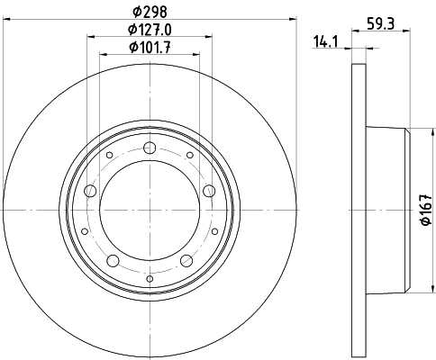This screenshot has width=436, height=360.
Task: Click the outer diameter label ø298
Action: tap(150, 12)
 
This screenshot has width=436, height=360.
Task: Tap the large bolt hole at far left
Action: tap(89, 191)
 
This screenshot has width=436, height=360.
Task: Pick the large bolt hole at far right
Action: tap(209, 190)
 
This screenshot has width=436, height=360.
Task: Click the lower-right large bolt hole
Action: tap(186, 261)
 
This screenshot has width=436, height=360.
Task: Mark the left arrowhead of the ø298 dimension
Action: tap(6, 21)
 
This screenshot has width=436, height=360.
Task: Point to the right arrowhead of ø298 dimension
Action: tap(292, 21)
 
